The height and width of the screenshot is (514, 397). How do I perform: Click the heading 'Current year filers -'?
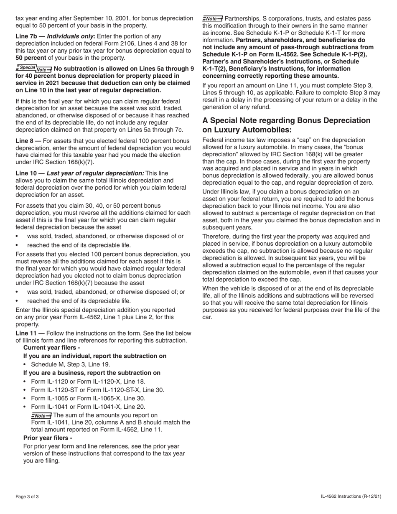[x=52, y=348]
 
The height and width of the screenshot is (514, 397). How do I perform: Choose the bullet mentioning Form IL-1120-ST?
[x=97, y=390]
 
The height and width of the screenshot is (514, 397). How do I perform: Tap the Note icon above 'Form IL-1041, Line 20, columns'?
[x=41, y=415]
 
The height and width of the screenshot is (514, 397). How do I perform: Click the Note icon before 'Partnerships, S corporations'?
[x=213, y=19]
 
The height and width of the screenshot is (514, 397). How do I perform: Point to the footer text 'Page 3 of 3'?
[x=27, y=496]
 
